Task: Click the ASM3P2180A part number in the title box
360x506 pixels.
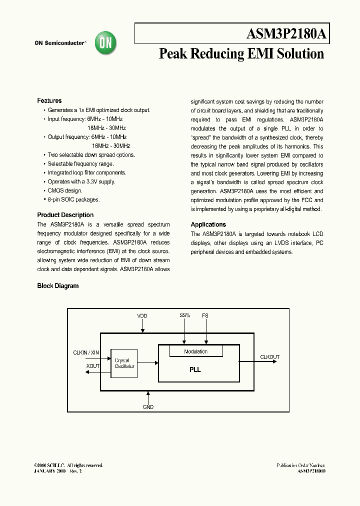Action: click(286, 34)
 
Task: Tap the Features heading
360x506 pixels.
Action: click(49, 101)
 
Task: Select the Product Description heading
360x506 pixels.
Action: click(65, 215)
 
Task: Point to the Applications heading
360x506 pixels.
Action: click(208, 225)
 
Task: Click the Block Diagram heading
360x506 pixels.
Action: click(58, 286)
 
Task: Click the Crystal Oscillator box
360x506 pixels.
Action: click(124, 363)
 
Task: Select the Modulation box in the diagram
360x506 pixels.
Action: click(195, 351)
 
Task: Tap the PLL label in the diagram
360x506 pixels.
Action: click(195, 370)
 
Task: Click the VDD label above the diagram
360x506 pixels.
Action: click(142, 316)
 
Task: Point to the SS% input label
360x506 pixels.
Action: click(185, 316)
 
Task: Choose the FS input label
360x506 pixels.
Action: click(205, 316)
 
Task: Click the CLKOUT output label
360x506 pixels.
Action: click(270, 357)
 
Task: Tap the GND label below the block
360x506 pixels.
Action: click(148, 407)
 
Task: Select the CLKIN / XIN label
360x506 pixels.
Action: click(86, 353)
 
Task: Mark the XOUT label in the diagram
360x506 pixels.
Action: click(93, 366)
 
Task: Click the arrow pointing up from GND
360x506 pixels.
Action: click(148, 396)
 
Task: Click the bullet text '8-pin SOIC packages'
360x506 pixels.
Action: click(73, 199)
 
